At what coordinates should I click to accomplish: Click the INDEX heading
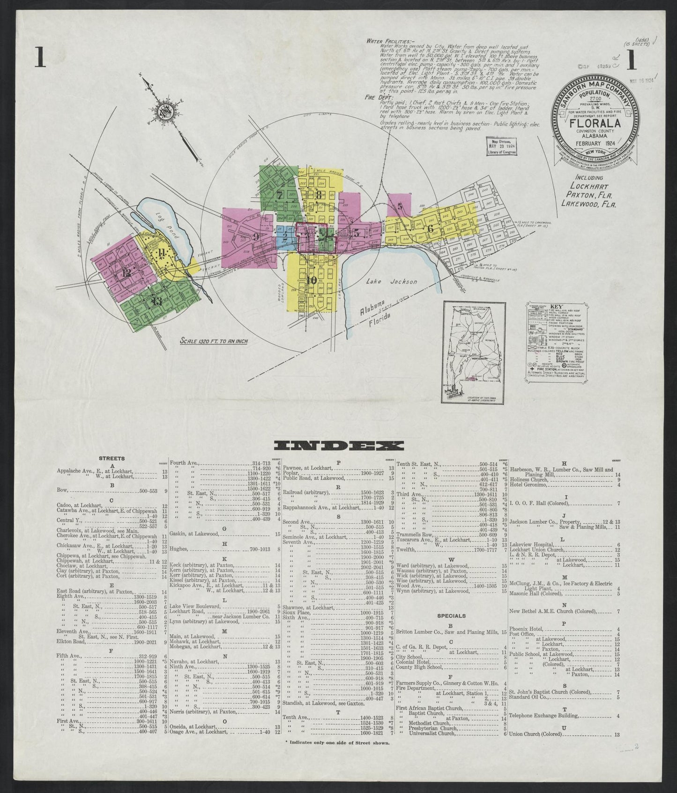click(338, 446)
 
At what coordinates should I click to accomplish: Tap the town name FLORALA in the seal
click(595, 124)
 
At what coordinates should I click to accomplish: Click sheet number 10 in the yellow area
click(312, 280)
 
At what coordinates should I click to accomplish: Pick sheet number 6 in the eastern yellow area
click(430, 229)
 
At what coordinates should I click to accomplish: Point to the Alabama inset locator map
click(474, 352)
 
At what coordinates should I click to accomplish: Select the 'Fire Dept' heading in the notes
click(376, 98)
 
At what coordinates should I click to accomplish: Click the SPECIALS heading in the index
click(451, 616)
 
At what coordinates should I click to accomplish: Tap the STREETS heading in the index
click(112, 458)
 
